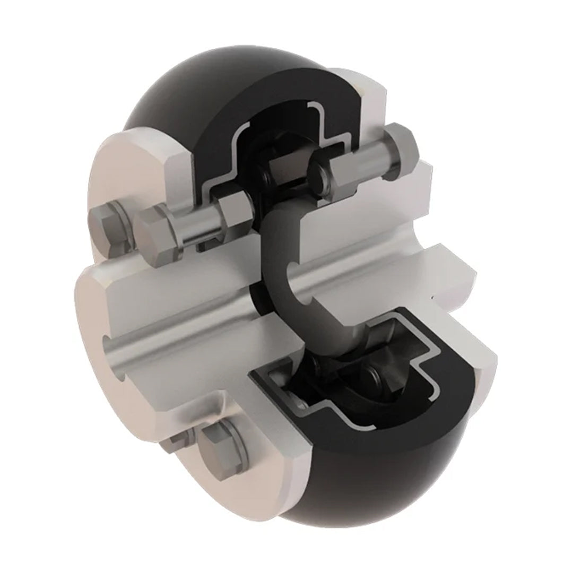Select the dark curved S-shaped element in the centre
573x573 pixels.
(276, 276)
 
